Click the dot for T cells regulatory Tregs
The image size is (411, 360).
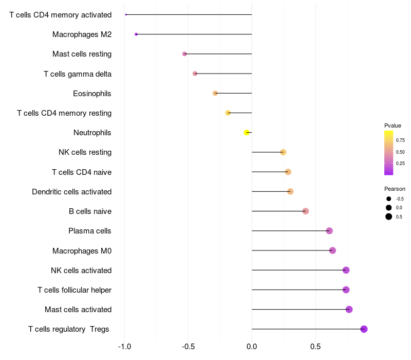coord(364,329)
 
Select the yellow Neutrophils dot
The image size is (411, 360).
coord(247,133)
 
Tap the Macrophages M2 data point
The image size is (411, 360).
coord(136,34)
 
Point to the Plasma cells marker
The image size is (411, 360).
coord(329,231)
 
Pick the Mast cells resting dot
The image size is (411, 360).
coord(184,54)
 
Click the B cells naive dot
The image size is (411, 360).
coord(306,211)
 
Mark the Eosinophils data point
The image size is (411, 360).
coord(215,93)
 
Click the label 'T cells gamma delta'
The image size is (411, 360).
coord(78,74)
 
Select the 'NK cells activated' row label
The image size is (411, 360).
coord(81,271)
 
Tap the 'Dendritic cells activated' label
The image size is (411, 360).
coord(71,192)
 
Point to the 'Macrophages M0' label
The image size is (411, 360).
coord(82,251)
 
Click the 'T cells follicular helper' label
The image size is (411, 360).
coord(74,290)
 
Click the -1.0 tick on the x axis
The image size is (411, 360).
coord(124,347)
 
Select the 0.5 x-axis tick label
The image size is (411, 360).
coord(315,347)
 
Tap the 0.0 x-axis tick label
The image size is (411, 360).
coord(252,347)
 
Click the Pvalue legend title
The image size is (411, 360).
coord(393,125)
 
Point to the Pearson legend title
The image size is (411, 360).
coord(395,189)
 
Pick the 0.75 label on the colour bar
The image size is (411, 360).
coord(400,140)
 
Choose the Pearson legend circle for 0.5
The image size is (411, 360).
coord(389,217)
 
